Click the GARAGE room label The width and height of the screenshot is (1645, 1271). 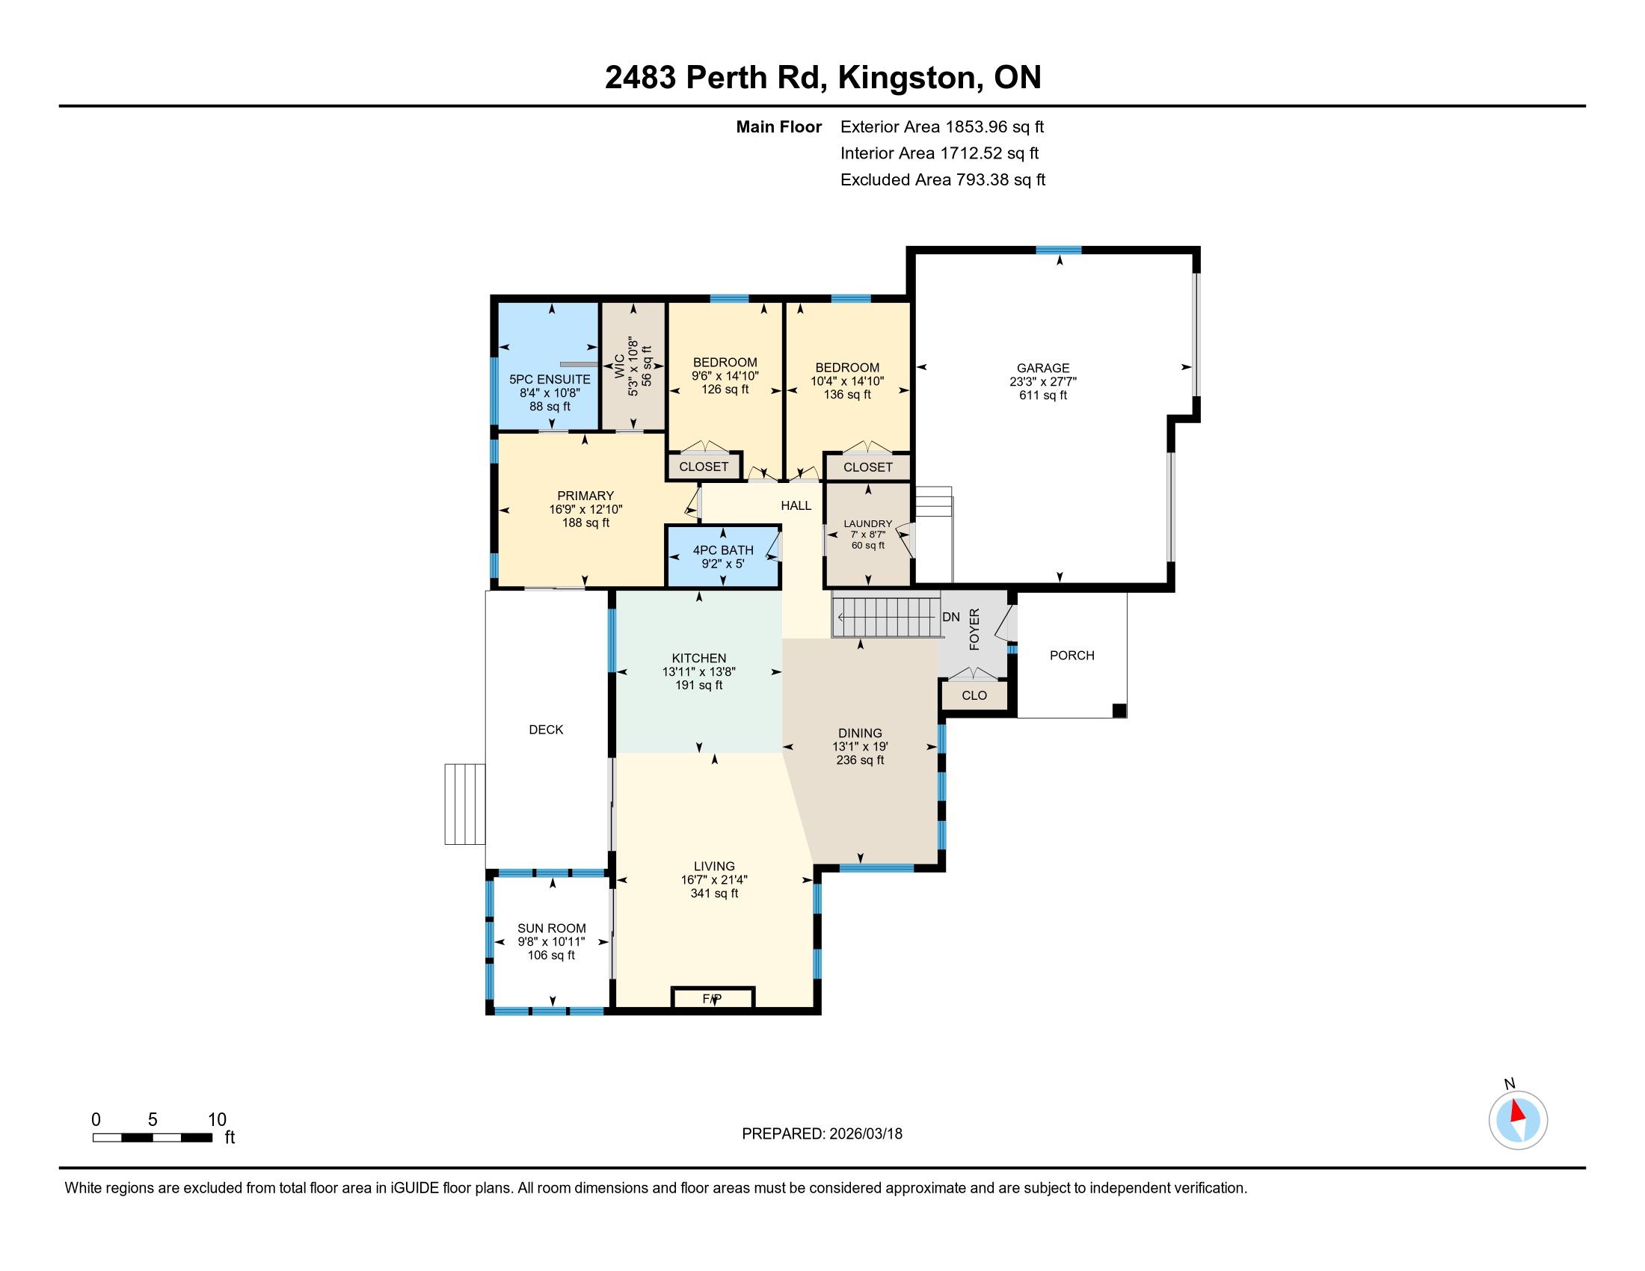(1043, 368)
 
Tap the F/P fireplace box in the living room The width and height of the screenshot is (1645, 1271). (713, 998)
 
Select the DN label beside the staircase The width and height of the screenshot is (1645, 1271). (951, 617)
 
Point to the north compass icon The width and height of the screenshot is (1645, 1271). (1518, 1120)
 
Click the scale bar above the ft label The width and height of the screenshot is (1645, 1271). (152, 1137)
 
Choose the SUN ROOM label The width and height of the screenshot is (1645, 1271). (551, 929)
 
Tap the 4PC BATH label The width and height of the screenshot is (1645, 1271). (723, 550)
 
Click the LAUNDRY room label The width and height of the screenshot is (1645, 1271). (867, 523)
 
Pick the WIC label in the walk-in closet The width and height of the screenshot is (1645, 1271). (619, 366)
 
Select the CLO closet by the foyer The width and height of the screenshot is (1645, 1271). (974, 695)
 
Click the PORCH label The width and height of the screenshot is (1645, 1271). (1071, 655)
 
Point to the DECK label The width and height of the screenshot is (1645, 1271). (546, 729)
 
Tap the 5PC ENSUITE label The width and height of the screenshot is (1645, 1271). (550, 380)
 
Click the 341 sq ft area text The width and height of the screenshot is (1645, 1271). (714, 893)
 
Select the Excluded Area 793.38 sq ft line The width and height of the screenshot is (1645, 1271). (943, 179)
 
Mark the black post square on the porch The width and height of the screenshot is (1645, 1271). (1119, 710)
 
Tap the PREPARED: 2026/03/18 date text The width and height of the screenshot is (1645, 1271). (822, 1133)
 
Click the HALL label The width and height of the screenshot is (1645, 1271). (796, 505)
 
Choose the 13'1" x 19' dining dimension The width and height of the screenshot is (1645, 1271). (860, 747)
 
